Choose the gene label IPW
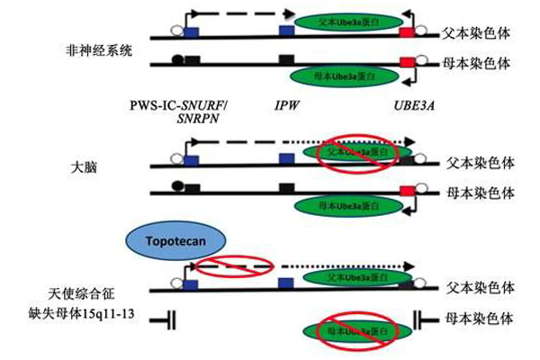(x=288, y=105)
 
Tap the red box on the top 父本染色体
(x=407, y=32)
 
